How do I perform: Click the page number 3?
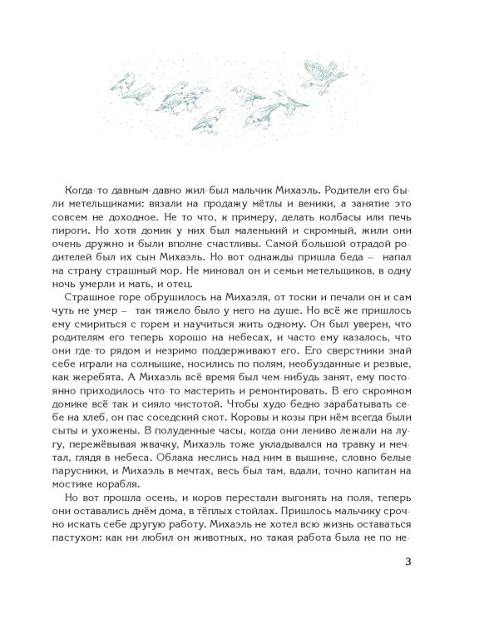pyautogui.click(x=406, y=560)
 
